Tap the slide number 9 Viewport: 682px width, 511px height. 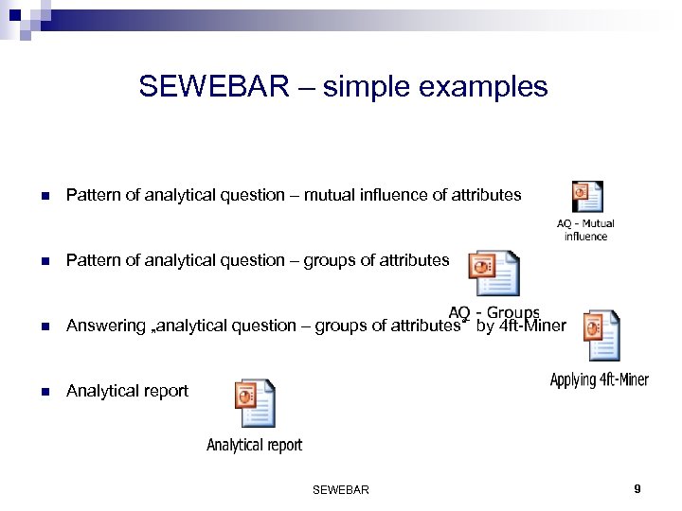(x=637, y=489)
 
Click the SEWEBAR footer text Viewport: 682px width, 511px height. (x=340, y=490)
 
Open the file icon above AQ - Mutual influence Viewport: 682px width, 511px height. (x=587, y=197)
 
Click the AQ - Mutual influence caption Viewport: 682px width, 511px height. (x=585, y=230)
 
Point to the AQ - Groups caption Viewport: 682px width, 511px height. (x=494, y=313)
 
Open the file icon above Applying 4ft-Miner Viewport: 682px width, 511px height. (x=601, y=335)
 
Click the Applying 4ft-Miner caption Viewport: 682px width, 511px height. (x=600, y=380)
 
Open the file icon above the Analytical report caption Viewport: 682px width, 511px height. (x=255, y=403)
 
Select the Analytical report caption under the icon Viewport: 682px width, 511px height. (x=255, y=445)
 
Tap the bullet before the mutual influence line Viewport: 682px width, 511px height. (x=44, y=196)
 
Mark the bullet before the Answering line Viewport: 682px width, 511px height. (x=44, y=326)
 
